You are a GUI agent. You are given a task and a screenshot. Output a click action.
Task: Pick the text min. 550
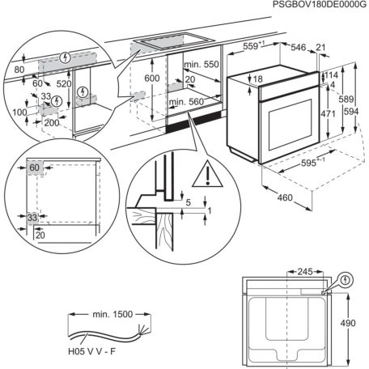pyautogui.click(x=201, y=64)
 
